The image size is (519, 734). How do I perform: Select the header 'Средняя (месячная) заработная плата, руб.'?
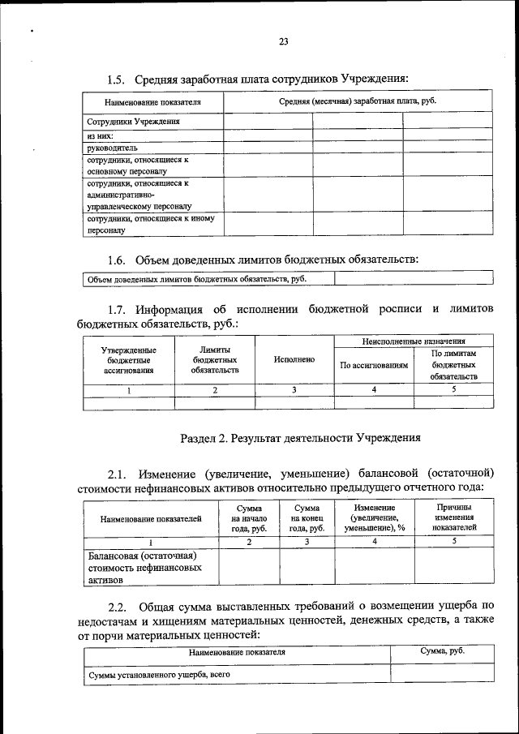click(358, 103)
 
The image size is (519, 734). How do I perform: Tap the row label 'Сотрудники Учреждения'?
click(128, 122)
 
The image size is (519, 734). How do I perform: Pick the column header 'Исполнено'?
click(294, 359)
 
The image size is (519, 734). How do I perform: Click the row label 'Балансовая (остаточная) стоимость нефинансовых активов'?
click(144, 568)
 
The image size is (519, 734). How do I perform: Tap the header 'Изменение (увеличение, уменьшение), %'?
click(375, 517)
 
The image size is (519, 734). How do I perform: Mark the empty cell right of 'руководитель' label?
click(268, 148)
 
